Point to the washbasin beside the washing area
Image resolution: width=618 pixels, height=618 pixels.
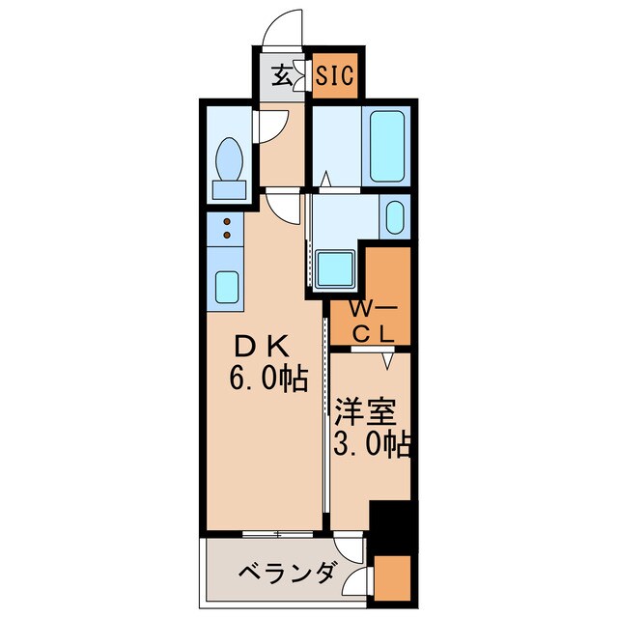click(x=394, y=217)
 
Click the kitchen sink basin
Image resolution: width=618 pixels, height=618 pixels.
click(x=227, y=287)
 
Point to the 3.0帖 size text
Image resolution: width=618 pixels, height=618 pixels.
click(x=373, y=445)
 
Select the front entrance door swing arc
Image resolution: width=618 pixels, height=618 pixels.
click(x=286, y=29)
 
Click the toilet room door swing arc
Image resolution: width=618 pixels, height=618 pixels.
click(x=275, y=124)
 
